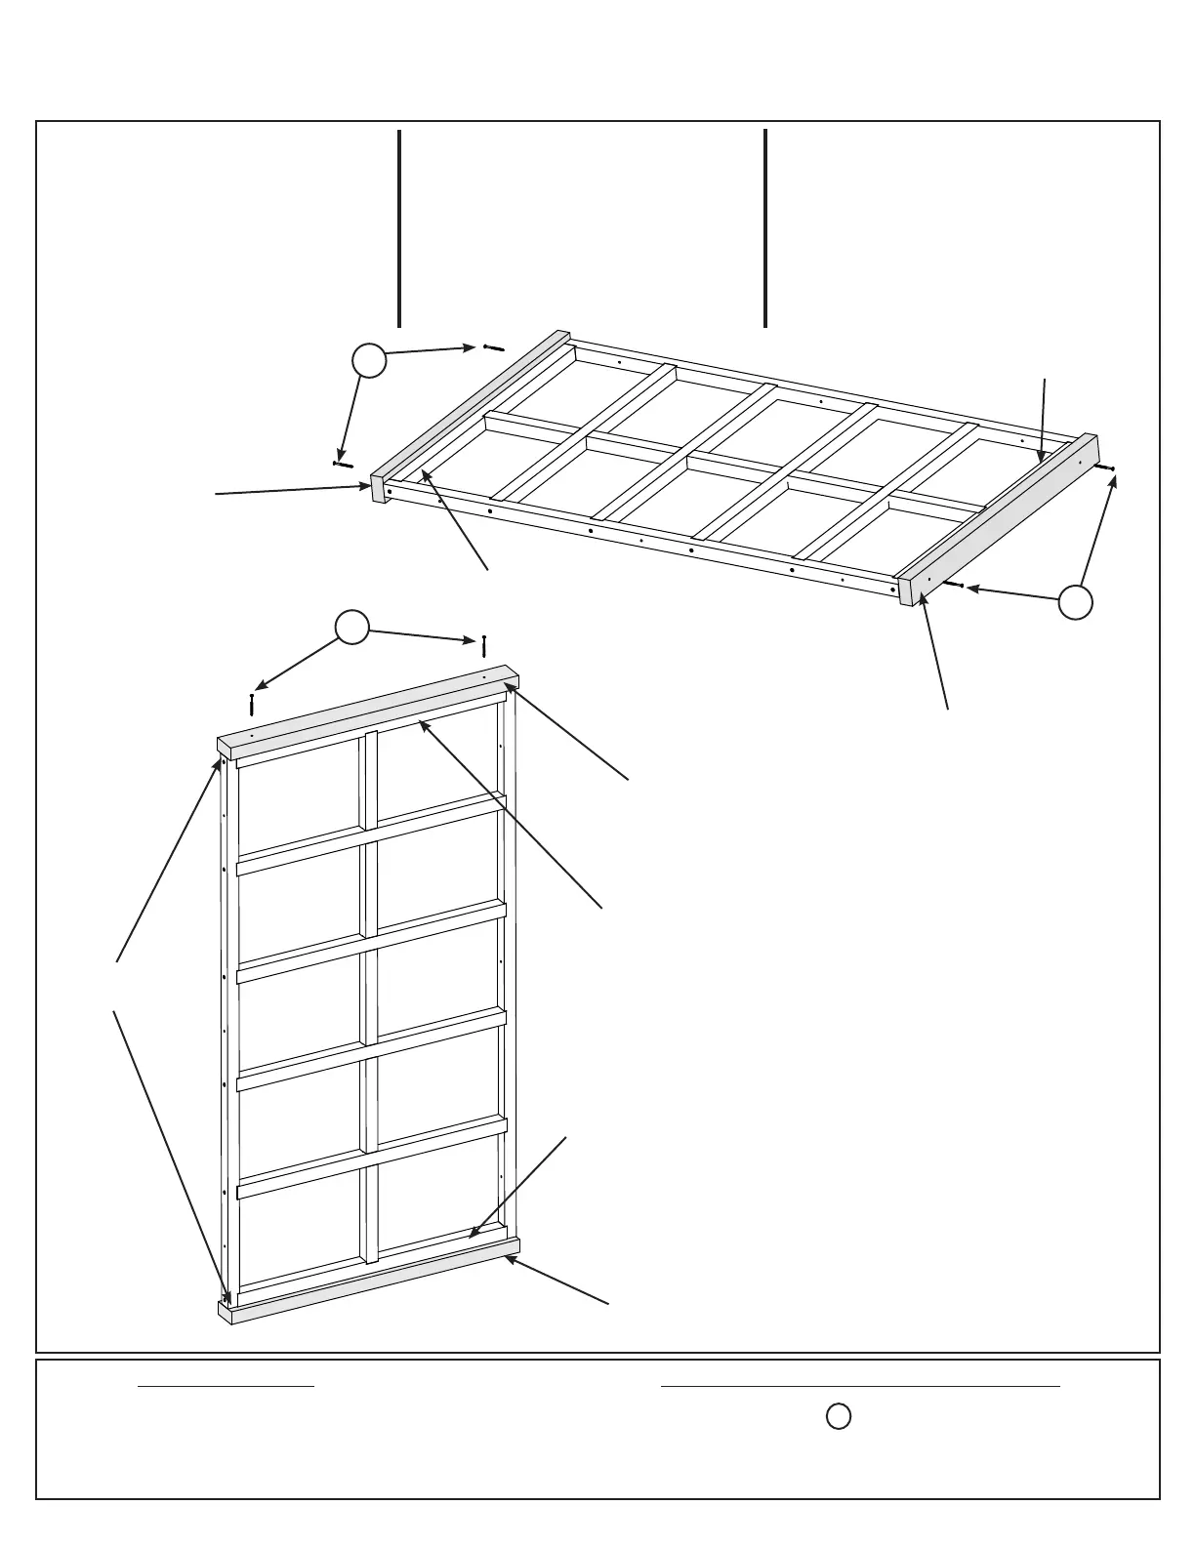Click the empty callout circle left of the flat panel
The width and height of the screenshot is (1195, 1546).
[x=369, y=361]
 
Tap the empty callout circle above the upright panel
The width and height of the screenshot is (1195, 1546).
[x=352, y=628]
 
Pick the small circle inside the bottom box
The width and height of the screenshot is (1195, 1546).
[x=838, y=1416]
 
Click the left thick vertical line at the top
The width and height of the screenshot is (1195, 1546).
[x=399, y=227]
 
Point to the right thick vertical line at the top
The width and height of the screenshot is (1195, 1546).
[x=765, y=227]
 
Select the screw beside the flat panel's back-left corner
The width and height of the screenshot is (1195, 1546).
[x=493, y=347]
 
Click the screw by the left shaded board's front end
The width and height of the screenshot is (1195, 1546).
[x=343, y=464]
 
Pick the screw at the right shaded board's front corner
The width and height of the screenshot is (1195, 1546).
[x=954, y=585]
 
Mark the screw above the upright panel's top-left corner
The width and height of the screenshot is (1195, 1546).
[x=252, y=704]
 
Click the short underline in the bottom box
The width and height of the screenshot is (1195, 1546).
[x=226, y=1385]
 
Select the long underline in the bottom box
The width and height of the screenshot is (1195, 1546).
[x=860, y=1385]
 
